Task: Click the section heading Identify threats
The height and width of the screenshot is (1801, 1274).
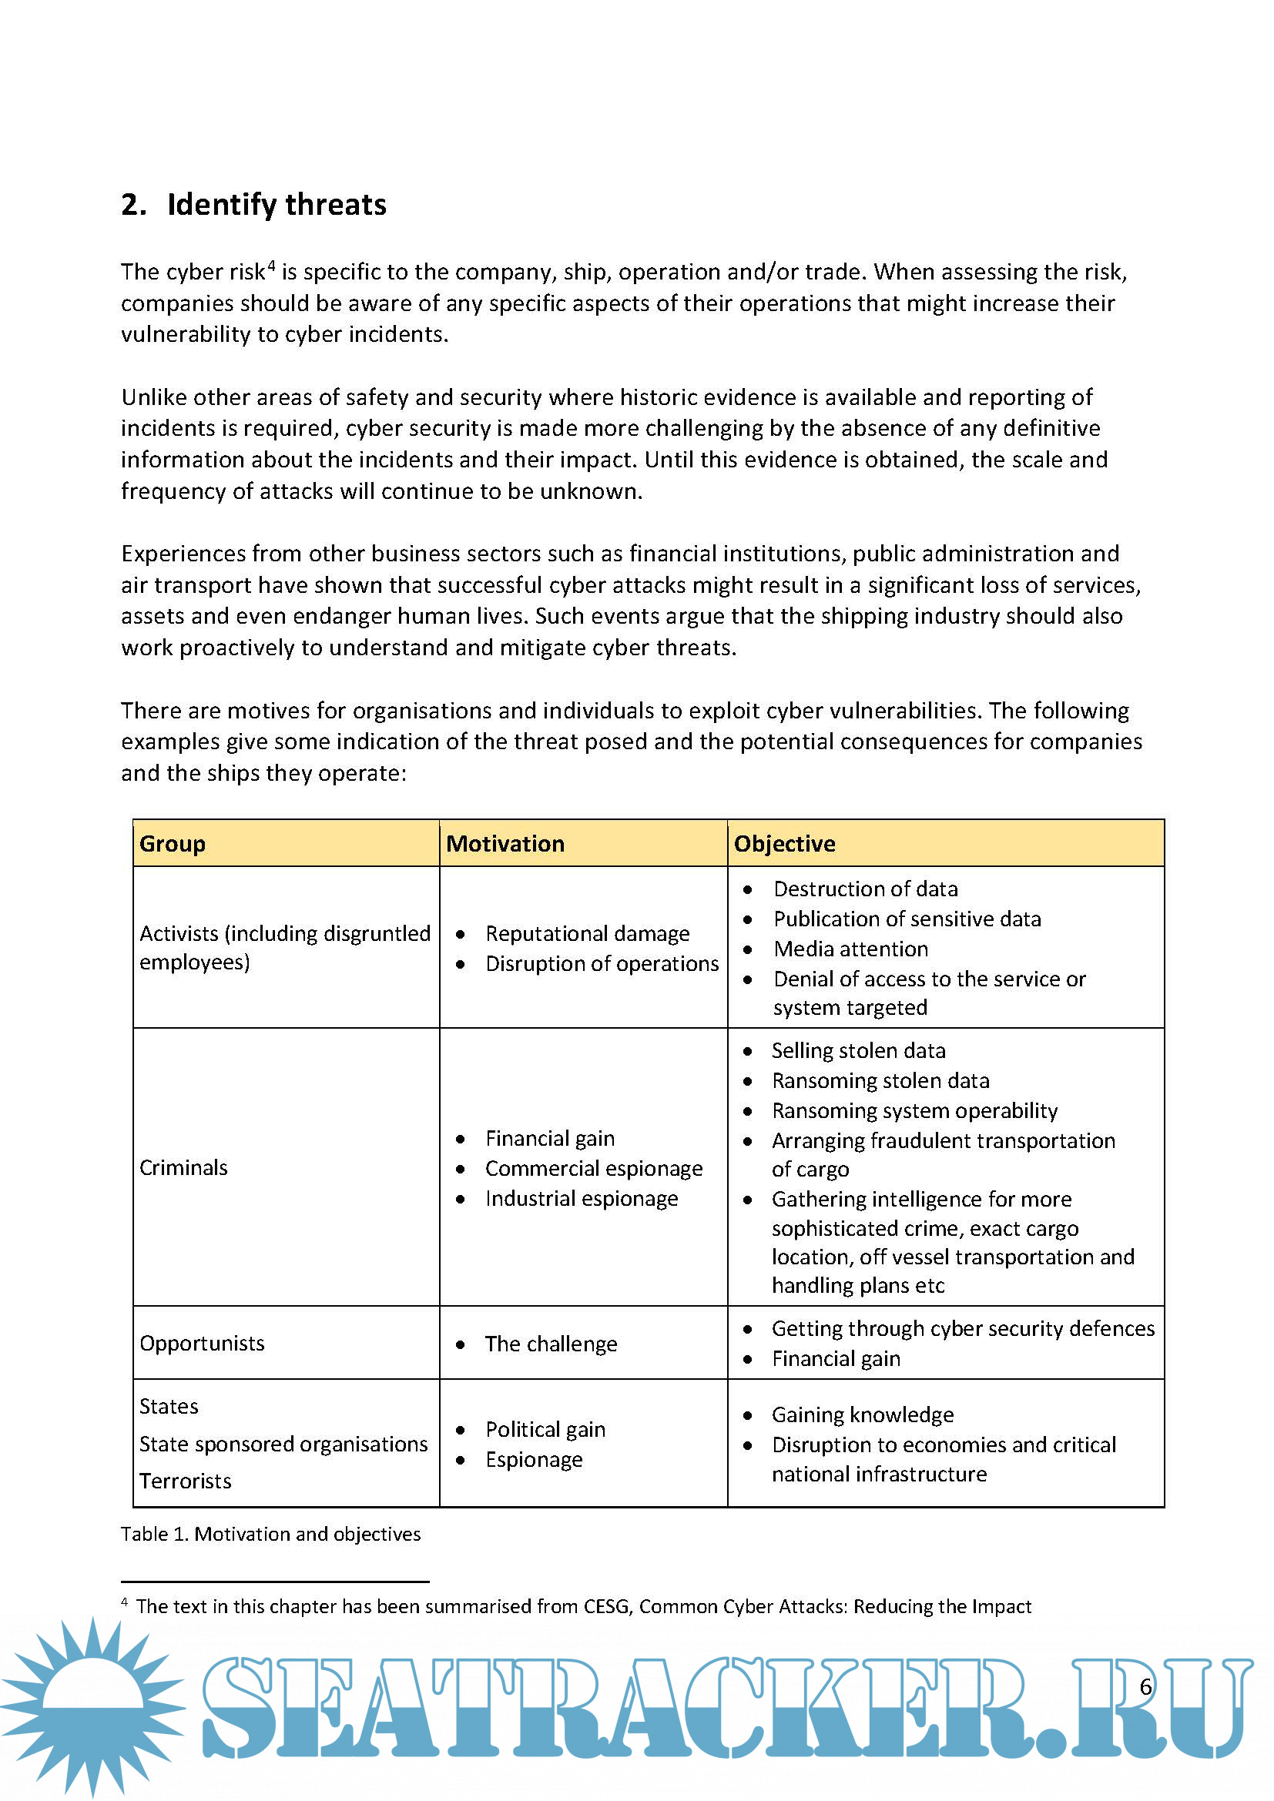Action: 277,205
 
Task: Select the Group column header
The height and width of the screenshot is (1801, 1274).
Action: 173,844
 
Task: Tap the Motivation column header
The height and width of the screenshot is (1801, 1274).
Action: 505,844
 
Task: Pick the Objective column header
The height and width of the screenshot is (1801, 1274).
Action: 784,844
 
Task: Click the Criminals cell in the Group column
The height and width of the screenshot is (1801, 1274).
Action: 183,1168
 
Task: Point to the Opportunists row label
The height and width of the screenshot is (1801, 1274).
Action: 202,1344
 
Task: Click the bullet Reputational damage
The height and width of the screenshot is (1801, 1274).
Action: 588,933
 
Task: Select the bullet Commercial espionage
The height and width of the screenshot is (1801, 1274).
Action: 594,1169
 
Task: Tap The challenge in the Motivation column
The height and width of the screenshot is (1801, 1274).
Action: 551,1344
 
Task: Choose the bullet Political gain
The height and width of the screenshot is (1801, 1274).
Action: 545,1430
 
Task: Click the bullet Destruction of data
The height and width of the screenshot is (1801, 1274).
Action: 865,889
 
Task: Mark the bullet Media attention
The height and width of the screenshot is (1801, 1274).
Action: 850,949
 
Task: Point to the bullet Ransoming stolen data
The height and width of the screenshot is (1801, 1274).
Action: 880,1081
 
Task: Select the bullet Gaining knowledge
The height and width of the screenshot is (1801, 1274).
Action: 862,1415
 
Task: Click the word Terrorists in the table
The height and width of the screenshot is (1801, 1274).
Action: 185,1481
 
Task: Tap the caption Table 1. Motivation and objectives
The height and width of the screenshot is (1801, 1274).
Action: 270,1535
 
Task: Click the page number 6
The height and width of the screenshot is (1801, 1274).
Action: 1145,1687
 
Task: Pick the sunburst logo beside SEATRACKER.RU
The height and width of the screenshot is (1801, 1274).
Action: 92,1704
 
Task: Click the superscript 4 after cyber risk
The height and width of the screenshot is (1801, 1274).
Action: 271,265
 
